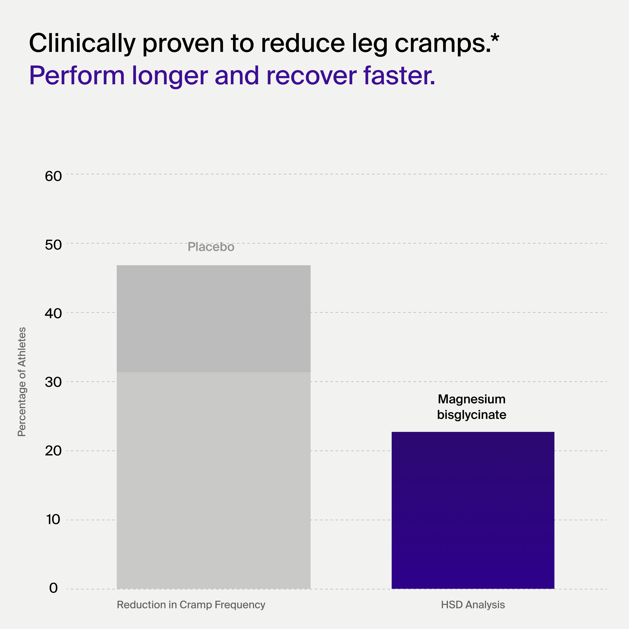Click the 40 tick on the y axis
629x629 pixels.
point(53,314)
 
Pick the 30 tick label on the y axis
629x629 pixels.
point(53,383)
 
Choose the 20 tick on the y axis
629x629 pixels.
point(53,451)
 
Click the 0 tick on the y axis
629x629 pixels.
point(53,588)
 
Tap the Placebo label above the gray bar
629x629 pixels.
point(211,247)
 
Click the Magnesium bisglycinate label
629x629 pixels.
point(471,407)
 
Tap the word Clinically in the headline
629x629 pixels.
point(82,43)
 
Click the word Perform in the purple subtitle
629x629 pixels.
point(77,76)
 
